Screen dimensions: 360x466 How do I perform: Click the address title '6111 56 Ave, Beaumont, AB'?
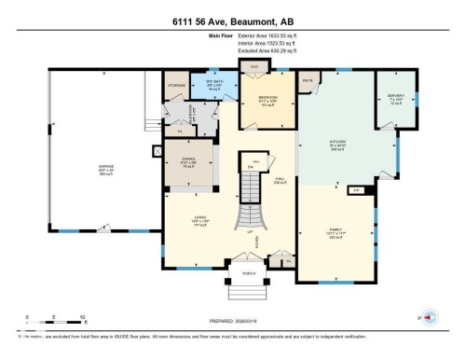(x=233, y=20)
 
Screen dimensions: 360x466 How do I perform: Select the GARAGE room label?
(x=106, y=169)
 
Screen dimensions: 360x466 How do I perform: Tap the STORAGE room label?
(x=177, y=85)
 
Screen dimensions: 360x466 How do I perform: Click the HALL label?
(x=279, y=179)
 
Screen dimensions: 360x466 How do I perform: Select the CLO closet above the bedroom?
(x=254, y=66)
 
